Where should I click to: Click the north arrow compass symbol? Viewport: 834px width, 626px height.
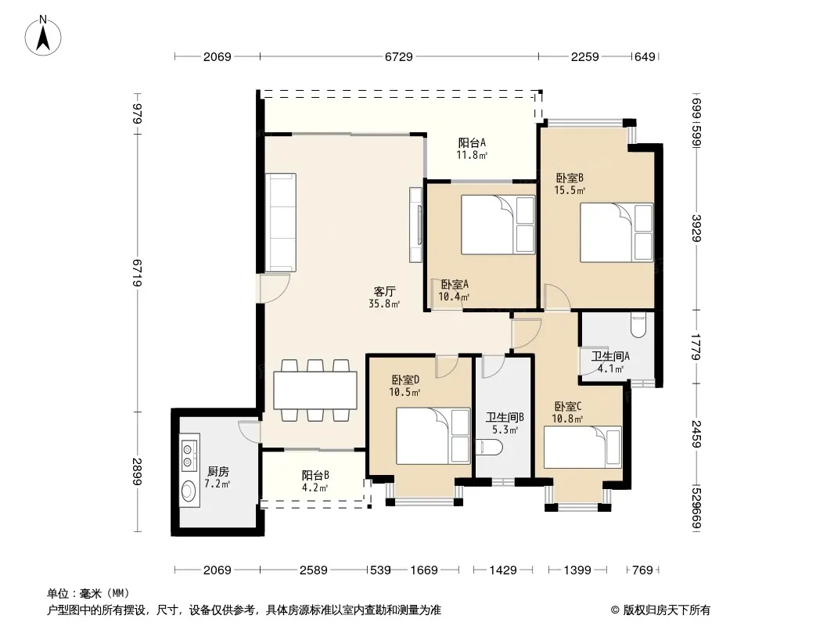43,36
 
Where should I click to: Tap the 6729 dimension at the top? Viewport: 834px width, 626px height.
399,56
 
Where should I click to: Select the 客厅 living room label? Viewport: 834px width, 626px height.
384,291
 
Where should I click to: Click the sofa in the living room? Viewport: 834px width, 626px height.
281,222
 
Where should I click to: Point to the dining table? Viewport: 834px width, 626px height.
315,390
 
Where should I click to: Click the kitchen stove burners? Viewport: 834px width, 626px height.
189,455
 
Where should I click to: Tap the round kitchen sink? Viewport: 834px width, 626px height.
189,491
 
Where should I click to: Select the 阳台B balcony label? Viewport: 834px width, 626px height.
315,475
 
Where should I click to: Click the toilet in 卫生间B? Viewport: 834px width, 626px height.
489,448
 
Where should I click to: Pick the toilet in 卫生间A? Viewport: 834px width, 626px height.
638,325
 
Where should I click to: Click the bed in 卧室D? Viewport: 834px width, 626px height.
433,436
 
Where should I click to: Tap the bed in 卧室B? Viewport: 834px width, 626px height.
617,232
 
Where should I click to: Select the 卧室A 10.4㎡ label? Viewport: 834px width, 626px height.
455,291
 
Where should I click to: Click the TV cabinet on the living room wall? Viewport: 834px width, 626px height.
416,225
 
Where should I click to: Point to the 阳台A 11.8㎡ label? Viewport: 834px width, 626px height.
472,149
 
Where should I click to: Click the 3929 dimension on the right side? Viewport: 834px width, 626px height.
697,228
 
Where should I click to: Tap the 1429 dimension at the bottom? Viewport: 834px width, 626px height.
503,570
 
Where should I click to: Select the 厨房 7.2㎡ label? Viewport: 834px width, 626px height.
218,477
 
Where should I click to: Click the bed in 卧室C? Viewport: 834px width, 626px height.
582,448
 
